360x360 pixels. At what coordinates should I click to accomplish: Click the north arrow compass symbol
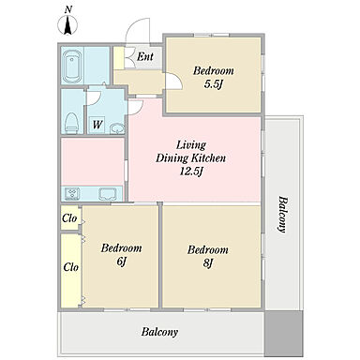tap(67, 25)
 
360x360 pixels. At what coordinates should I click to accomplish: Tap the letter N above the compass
tap(68, 9)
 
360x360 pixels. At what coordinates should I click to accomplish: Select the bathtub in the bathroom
tap(72, 66)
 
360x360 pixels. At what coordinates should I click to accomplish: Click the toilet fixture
tap(71, 123)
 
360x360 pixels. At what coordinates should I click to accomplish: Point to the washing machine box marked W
tap(97, 125)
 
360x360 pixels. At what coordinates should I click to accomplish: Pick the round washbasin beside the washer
tap(117, 128)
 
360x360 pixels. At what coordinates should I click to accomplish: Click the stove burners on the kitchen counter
tap(72, 193)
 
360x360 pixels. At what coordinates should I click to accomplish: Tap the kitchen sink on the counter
tap(108, 193)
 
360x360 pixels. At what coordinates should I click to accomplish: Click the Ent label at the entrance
tap(145, 56)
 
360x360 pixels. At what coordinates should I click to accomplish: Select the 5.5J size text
tap(213, 84)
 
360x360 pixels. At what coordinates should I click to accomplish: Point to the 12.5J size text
tap(191, 171)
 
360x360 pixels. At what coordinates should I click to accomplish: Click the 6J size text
tap(121, 262)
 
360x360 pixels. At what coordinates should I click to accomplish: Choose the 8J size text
tap(208, 263)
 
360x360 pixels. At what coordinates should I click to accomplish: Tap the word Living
tap(191, 145)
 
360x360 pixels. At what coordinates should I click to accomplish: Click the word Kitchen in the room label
tap(208, 157)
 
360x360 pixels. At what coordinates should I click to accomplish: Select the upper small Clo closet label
tap(69, 218)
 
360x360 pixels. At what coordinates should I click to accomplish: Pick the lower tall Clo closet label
tap(71, 267)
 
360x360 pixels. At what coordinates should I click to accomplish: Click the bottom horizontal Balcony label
tap(159, 332)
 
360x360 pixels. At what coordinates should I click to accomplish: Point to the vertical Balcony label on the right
tap(282, 215)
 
